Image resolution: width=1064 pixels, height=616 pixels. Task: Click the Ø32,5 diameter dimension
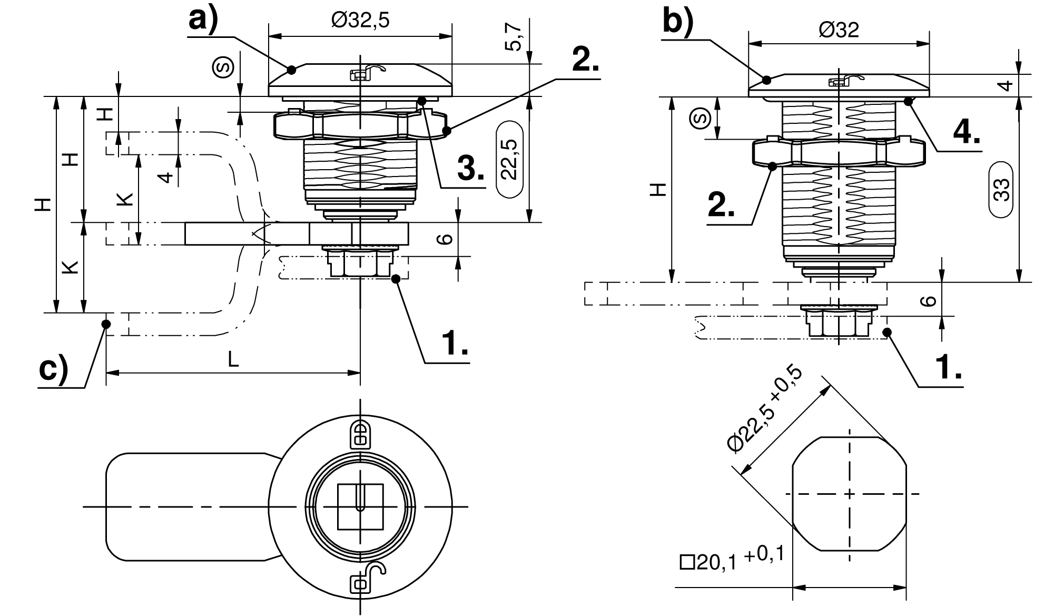click(360, 21)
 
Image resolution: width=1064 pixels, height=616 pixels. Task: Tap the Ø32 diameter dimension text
click(839, 30)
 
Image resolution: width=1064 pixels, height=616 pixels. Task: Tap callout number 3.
click(470, 169)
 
